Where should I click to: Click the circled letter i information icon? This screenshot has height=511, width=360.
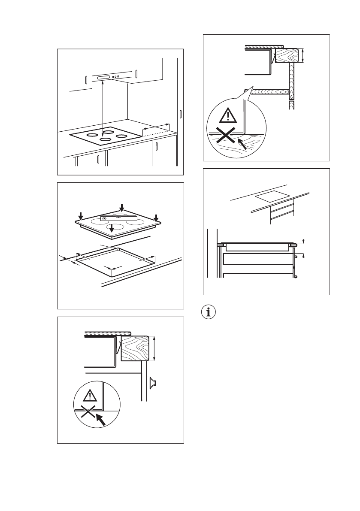[209, 312]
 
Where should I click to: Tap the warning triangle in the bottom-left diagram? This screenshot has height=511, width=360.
[88, 395]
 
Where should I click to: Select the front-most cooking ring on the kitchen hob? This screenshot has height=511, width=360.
[104, 139]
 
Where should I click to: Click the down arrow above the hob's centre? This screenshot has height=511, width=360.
[122, 208]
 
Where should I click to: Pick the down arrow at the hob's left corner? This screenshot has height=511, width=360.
[80, 215]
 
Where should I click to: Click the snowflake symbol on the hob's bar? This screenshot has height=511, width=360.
[104, 218]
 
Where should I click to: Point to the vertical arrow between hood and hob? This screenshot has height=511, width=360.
[103, 107]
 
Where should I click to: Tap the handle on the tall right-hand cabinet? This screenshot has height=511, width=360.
[181, 114]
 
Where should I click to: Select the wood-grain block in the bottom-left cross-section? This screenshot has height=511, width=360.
[135, 348]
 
